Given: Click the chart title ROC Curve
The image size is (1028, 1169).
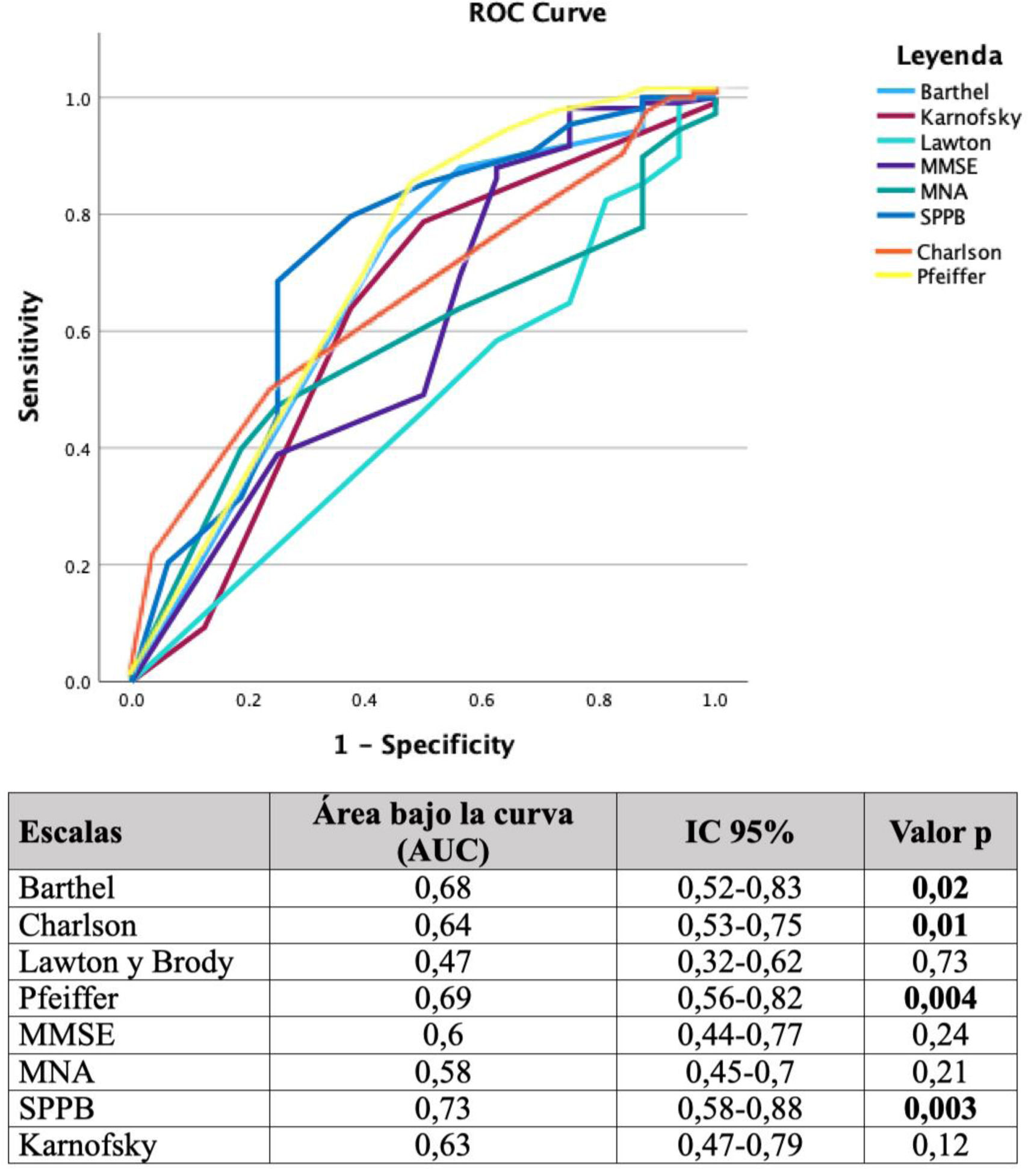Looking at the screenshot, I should click(x=537, y=13).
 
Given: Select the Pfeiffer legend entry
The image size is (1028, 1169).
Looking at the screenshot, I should click(x=950, y=277).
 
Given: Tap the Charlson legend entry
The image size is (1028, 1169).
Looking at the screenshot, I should click(x=958, y=252).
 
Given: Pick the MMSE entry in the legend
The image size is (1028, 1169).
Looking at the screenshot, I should click(x=948, y=166).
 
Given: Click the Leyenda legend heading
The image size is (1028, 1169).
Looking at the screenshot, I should click(x=949, y=56).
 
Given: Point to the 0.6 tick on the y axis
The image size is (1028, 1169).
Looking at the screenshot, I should click(x=78, y=332).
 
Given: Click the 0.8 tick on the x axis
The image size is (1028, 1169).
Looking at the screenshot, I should click(x=599, y=701).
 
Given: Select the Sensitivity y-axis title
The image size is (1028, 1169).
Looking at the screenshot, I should click(x=29, y=357).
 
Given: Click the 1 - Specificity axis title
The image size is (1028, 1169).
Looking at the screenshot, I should click(x=424, y=745).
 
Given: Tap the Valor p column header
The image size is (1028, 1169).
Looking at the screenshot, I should click(x=940, y=833).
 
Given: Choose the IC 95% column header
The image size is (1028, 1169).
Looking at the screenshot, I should click(x=739, y=833).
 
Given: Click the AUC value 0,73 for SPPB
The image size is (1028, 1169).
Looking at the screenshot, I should click(x=442, y=1108).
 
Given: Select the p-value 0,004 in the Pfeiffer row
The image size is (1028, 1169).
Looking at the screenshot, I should click(x=940, y=999).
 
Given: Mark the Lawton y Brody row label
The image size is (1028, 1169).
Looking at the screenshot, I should click(x=126, y=962).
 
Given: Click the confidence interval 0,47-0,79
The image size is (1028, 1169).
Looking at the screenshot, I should click(x=740, y=1145).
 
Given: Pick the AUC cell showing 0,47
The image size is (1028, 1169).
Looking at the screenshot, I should click(x=442, y=962).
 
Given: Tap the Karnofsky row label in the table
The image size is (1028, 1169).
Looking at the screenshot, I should click(x=87, y=1145).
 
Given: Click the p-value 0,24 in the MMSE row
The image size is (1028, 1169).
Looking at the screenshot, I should click(x=940, y=1035).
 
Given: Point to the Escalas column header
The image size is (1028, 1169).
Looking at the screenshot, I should click(x=70, y=833).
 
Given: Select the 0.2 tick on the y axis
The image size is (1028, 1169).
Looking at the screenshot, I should click(x=78, y=565).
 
